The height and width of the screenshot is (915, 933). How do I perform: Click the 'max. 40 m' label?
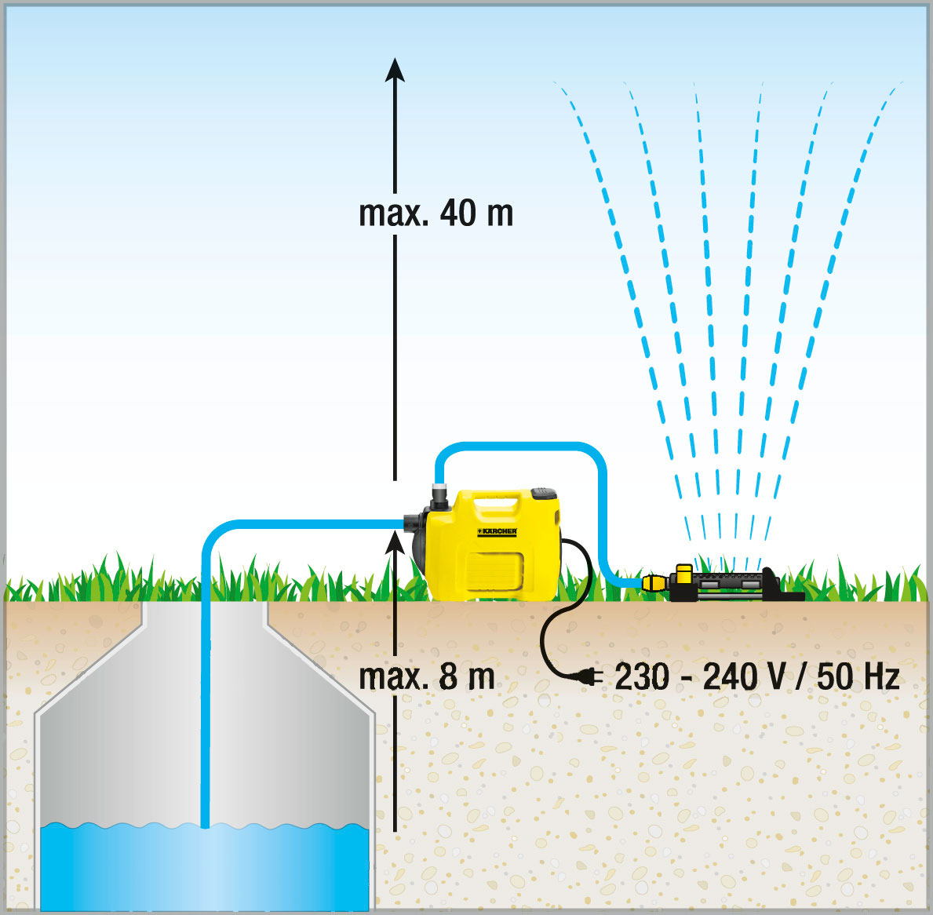[x=436, y=213]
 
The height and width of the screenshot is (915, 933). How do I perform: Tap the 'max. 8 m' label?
[x=427, y=676]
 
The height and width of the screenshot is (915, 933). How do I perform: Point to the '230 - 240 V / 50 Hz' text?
[x=756, y=676]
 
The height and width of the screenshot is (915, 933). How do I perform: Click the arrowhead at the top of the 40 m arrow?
[x=395, y=70]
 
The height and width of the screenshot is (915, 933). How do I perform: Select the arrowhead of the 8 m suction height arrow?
[x=395, y=542]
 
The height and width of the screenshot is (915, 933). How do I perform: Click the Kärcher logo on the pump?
[x=497, y=531]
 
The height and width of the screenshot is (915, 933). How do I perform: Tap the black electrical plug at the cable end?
[x=589, y=676]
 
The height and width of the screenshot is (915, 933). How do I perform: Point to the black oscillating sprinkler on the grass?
[x=732, y=584]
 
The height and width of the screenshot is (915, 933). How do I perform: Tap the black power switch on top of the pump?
[x=543, y=493]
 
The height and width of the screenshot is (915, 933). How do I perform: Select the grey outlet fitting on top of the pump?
[x=439, y=493]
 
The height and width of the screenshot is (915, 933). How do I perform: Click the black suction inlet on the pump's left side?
[x=414, y=523]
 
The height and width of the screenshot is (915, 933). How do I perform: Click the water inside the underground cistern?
[x=205, y=866]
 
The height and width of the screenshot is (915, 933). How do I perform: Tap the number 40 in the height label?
[x=458, y=213]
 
